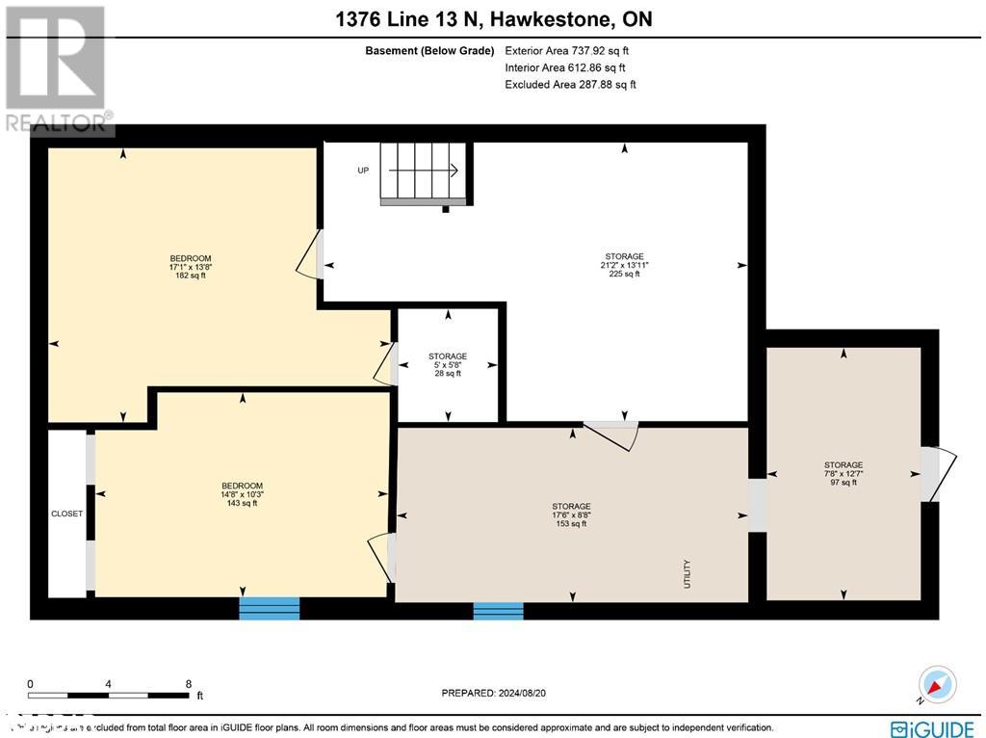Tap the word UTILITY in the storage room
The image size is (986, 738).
[688, 575]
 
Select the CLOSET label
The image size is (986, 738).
[66, 514]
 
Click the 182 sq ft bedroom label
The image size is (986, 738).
[190, 267]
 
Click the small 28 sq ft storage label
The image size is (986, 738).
[448, 364]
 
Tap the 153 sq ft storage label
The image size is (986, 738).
[571, 514]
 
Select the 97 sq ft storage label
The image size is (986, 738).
[843, 473]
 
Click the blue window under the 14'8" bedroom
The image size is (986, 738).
[270, 608]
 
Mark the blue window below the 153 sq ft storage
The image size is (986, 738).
[498, 610]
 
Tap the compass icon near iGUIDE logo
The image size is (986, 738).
[936, 685]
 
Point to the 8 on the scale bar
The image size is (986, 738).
[188, 683]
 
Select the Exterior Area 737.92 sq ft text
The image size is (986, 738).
[567, 50]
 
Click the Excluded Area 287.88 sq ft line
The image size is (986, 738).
[570, 85]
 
